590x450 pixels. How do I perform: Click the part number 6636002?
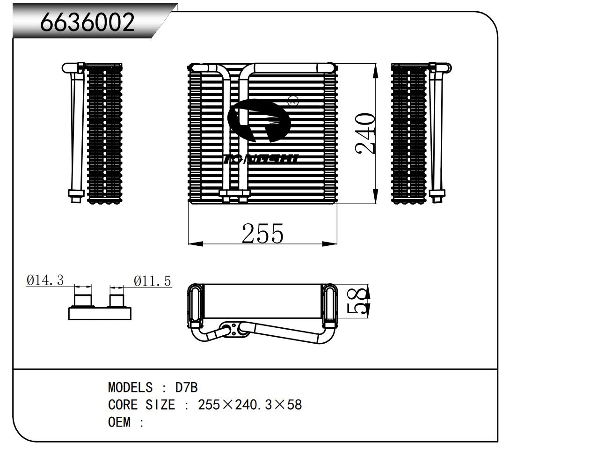click(x=87, y=22)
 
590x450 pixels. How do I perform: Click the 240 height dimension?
click(x=365, y=133)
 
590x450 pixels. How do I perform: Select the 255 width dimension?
click(x=262, y=233)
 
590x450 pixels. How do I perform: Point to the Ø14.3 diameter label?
click(x=45, y=280)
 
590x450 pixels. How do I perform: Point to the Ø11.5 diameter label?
click(x=153, y=281)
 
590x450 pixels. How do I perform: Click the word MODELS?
click(x=130, y=388)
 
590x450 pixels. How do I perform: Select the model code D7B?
click(x=186, y=388)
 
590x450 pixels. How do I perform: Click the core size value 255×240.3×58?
click(x=250, y=405)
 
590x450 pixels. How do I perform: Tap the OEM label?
click(x=119, y=422)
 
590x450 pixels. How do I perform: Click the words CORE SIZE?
click(x=141, y=405)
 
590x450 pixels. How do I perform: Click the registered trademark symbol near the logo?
click(x=293, y=99)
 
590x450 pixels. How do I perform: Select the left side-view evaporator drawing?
click(x=94, y=133)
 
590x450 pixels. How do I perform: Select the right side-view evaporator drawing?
click(x=420, y=133)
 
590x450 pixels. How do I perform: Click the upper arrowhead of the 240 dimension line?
click(x=375, y=70)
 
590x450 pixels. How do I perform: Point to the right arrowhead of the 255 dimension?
click(x=330, y=243)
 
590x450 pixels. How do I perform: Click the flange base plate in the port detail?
click(x=100, y=314)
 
